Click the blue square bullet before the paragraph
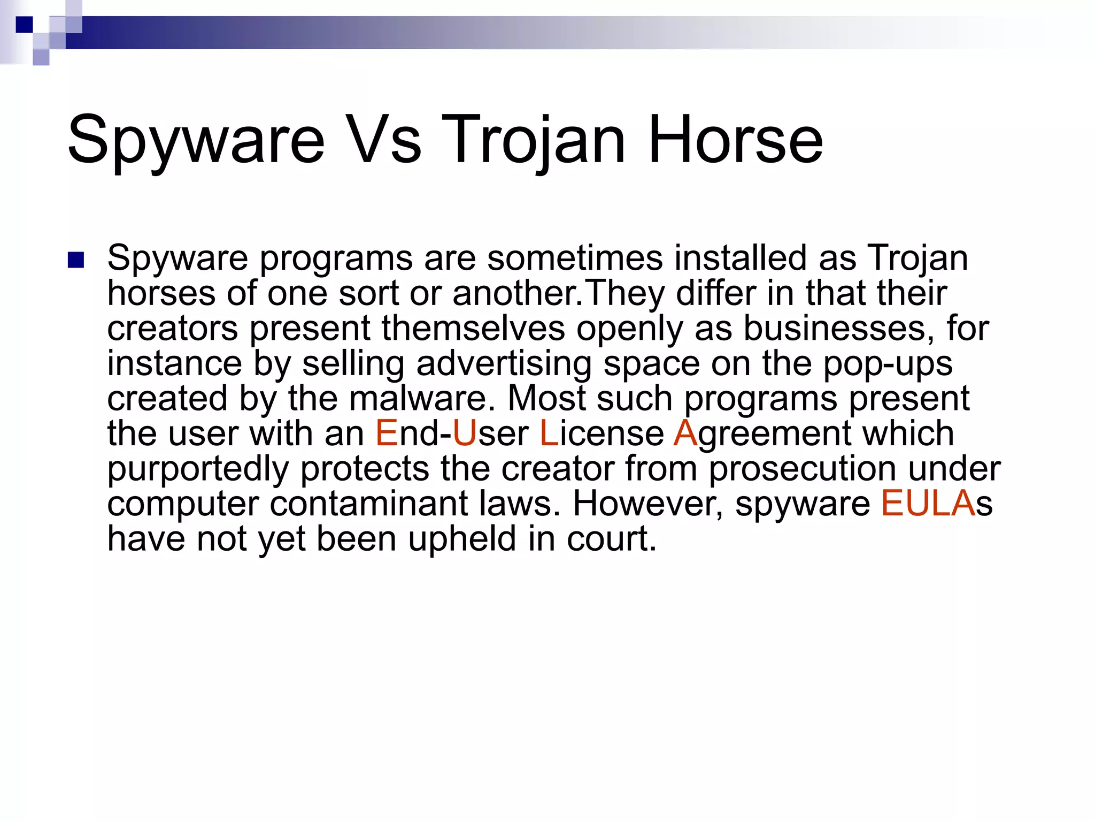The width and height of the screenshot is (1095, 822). [76, 260]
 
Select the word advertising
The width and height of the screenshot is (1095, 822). [504, 363]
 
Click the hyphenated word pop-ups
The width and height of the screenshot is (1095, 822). [888, 364]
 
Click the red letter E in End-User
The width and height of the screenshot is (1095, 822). [387, 433]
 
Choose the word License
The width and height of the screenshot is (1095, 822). [602, 433]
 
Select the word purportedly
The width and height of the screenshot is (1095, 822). [198, 469]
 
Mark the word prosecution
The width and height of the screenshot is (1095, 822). [802, 469]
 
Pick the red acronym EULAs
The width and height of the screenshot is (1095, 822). [936, 504]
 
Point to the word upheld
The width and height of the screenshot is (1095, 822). [462, 539]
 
